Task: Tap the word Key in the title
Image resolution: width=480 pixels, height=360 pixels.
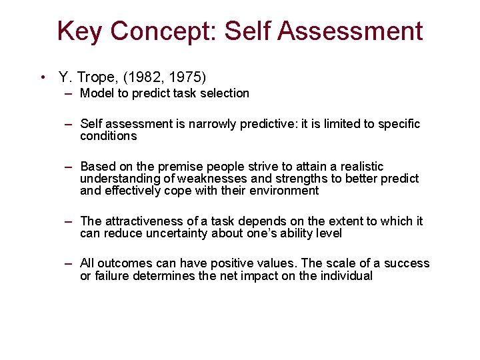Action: [x=80, y=31]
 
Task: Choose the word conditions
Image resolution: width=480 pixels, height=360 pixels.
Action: [x=108, y=136]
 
